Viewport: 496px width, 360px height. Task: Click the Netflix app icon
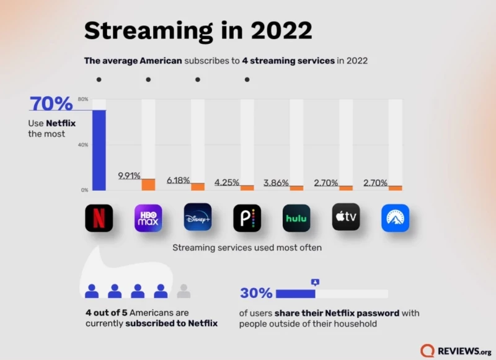click(x=99, y=218)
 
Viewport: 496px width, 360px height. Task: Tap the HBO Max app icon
click(x=148, y=218)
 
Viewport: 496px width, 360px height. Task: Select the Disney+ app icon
click(x=198, y=217)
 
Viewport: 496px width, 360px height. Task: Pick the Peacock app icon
click(x=247, y=218)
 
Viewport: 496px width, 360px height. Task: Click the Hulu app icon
click(x=296, y=218)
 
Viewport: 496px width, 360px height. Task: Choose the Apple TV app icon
click(x=345, y=217)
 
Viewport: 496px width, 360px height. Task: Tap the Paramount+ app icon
click(x=395, y=218)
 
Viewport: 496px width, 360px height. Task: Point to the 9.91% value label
click(x=129, y=176)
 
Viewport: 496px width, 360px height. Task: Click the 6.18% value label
click(x=178, y=180)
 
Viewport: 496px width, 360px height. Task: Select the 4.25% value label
click(x=226, y=183)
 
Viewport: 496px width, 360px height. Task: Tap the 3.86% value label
click(x=275, y=183)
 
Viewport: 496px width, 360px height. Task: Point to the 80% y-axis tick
click(x=82, y=99)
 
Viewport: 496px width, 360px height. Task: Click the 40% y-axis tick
click(x=82, y=144)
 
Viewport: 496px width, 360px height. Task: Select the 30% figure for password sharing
click(x=255, y=293)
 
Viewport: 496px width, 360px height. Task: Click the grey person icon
click(x=184, y=291)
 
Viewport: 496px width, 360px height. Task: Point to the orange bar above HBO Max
click(x=148, y=184)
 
